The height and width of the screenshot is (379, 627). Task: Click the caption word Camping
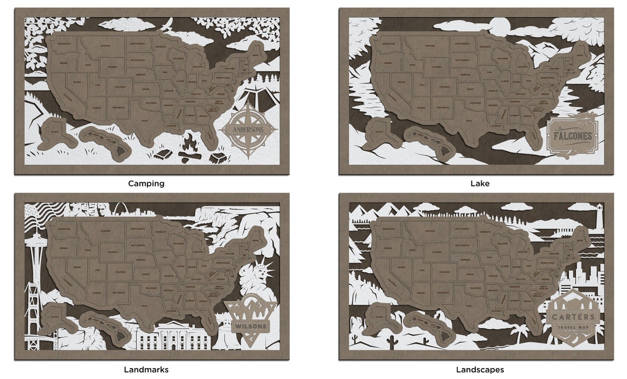pos(146,183)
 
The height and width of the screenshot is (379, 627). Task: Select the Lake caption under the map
pos(480,183)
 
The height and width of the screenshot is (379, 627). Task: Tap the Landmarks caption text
pos(146,370)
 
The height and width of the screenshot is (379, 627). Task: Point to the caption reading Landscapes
pos(480,370)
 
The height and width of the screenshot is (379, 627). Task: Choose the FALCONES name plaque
pos(573,135)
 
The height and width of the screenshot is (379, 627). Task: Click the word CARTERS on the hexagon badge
pos(574,317)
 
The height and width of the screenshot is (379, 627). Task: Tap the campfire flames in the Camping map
pos(190,144)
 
